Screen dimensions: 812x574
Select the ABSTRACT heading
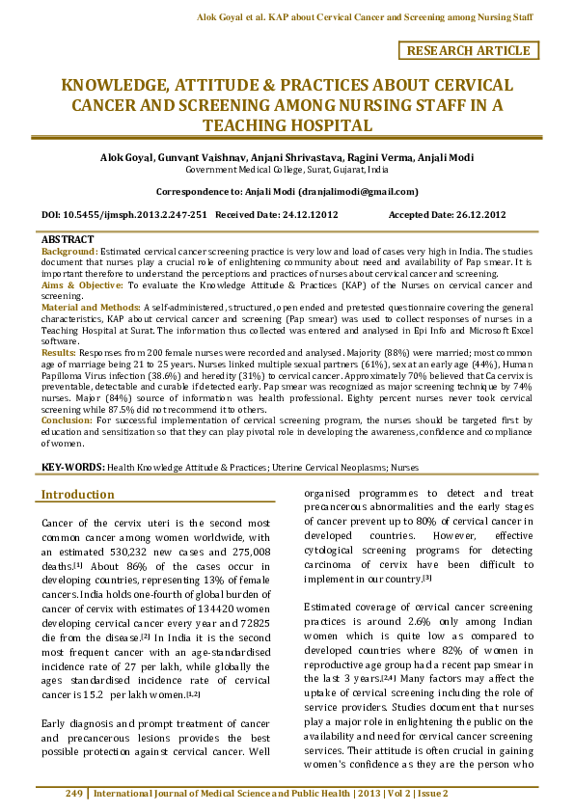pos(68,239)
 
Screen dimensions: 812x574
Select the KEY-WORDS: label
pos(72,466)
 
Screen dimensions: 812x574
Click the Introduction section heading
pos(77,495)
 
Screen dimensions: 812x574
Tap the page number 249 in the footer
pos(74,794)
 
